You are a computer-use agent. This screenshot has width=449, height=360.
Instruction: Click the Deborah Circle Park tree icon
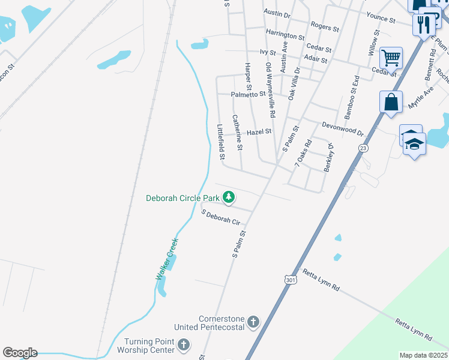(229, 197)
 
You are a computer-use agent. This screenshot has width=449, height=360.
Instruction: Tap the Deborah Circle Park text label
(183, 197)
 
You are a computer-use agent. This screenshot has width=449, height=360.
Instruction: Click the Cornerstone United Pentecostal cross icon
(253, 322)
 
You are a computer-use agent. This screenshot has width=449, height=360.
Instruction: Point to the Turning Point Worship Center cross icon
(184, 345)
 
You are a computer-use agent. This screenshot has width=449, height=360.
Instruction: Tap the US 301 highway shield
(291, 280)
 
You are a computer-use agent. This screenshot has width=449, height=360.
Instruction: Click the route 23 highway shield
(363, 148)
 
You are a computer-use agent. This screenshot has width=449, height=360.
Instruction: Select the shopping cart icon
(391, 58)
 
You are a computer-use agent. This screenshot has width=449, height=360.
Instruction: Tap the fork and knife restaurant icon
(424, 25)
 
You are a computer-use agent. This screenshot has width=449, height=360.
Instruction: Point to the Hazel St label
(259, 131)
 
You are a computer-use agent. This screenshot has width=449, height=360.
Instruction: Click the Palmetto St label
(249, 94)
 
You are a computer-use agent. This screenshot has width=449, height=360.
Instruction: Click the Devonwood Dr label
(343, 128)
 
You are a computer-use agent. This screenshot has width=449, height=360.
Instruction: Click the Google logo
(20, 352)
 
